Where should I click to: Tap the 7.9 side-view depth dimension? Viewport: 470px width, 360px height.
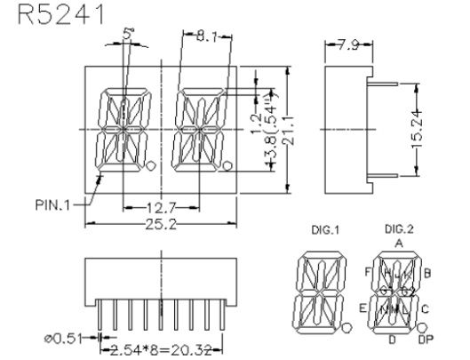click(x=342, y=44)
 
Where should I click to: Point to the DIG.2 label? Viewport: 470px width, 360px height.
click(x=394, y=229)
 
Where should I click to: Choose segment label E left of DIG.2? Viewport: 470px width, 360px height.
click(x=363, y=308)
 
